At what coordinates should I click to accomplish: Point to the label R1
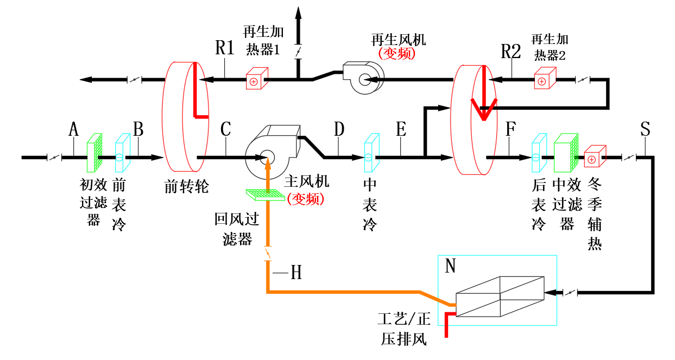[x=225, y=48]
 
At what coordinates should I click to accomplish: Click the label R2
[x=511, y=51]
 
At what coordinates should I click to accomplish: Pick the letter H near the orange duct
[x=296, y=273]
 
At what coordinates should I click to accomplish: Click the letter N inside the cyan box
[x=450, y=266]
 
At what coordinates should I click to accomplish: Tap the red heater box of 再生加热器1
[x=257, y=78]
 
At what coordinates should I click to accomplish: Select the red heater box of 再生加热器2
[x=545, y=78]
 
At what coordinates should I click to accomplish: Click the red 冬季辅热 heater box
[x=595, y=156]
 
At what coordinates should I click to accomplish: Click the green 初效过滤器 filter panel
[x=94, y=153]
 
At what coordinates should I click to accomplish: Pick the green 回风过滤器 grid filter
[x=266, y=195]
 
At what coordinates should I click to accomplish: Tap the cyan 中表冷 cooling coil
[x=372, y=153]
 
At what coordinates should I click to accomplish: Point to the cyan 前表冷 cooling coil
[x=123, y=153]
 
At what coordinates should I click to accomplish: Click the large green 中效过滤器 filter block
[x=566, y=153]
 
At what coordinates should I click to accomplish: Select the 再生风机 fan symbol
[x=364, y=78]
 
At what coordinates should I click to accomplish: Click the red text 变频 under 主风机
[x=306, y=199]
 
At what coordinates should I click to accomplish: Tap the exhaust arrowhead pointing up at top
[x=298, y=13]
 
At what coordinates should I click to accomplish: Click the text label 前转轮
[x=186, y=187]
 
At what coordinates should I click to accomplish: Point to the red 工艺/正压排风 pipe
[x=446, y=323]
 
